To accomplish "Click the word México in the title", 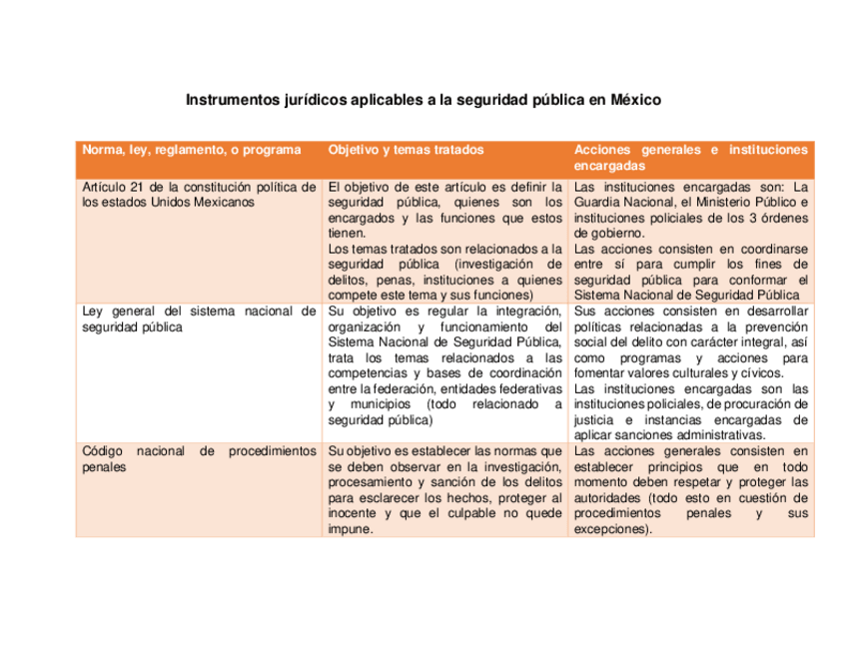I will coord(635,101).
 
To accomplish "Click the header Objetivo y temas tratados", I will coord(406,150).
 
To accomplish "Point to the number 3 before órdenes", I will coord(733,218).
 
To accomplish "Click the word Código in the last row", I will coord(102,451).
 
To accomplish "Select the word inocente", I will coord(356,513).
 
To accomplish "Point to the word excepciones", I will coord(611,529).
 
